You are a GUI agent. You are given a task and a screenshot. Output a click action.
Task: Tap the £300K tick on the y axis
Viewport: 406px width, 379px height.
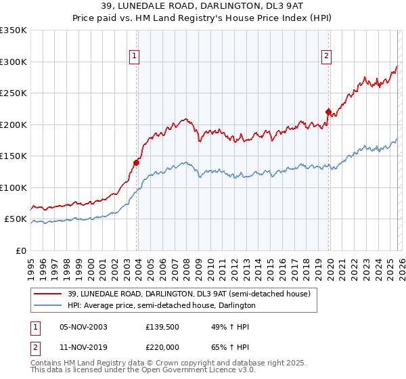[14, 62]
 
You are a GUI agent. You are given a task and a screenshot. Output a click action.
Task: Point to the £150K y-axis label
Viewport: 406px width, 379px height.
[14, 156]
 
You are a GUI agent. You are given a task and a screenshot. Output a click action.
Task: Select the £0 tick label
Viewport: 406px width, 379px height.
[20, 251]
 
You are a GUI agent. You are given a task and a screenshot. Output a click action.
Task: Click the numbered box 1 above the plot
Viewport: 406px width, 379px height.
[135, 56]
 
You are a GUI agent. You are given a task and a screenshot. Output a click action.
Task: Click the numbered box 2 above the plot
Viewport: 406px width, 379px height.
[326, 56]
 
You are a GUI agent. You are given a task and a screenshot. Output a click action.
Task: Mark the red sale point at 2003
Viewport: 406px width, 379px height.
[136, 162]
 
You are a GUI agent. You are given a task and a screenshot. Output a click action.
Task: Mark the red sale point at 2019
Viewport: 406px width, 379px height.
[328, 112]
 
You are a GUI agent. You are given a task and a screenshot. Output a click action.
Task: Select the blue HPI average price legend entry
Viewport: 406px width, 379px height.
[161, 306]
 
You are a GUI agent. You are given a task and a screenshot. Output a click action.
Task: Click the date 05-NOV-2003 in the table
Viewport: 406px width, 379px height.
[84, 327]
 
